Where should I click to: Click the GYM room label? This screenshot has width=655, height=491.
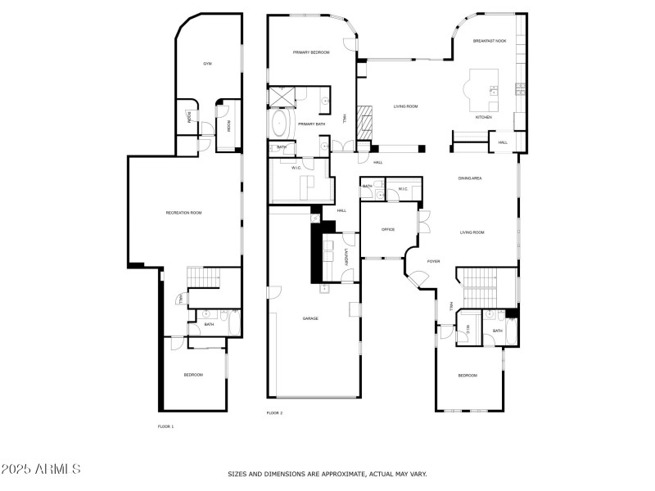[208, 64]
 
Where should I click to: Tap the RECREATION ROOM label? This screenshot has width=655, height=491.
[183, 213]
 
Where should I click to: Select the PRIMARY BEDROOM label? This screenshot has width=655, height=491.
[311, 52]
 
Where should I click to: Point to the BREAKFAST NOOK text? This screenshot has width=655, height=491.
[490, 40]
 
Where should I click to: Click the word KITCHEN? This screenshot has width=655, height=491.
[484, 117]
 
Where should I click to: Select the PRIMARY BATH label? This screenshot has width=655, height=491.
[312, 124]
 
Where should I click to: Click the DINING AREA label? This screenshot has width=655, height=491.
[469, 178]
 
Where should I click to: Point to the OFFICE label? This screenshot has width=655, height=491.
[388, 230]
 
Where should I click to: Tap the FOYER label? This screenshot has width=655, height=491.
[433, 261]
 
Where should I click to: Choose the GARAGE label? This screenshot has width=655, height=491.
[310, 318]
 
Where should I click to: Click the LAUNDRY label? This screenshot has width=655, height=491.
[347, 256]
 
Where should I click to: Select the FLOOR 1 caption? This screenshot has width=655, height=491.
[165, 426]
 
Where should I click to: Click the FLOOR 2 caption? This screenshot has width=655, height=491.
[274, 413]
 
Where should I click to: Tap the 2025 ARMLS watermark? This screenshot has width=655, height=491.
[41, 470]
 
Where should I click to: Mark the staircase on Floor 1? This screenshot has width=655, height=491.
[202, 278]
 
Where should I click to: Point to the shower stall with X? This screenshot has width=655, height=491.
[282, 96]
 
